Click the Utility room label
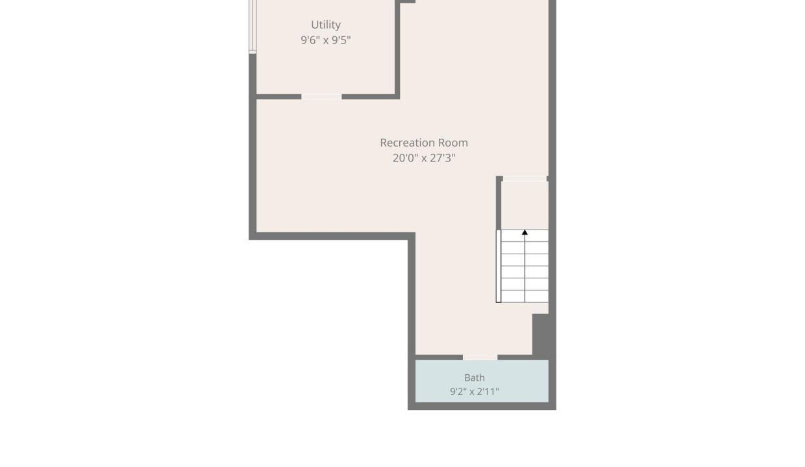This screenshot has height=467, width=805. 326,25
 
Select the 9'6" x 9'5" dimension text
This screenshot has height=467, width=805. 326,40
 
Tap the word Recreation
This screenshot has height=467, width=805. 405,143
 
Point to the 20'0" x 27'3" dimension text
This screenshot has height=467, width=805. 424,158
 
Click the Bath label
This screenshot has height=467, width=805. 475,377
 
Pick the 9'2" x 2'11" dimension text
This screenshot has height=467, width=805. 475,392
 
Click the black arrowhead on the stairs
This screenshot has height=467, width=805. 525,233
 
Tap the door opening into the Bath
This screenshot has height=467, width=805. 480,357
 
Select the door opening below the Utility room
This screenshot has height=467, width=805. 321,97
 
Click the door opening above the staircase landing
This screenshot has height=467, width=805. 525,178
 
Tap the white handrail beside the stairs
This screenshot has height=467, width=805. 499,266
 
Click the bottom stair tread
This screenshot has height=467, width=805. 525,296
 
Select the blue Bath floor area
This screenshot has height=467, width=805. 482,381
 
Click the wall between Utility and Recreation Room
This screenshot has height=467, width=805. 397,49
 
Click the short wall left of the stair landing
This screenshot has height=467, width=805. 499,203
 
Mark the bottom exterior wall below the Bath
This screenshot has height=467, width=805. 482,406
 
